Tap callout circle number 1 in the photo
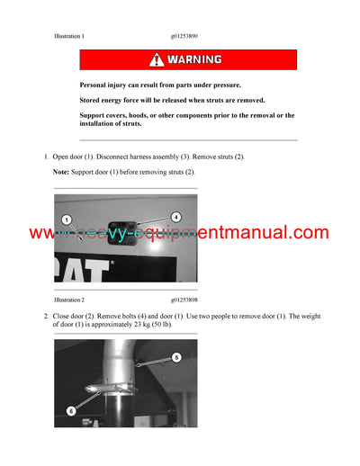point(66,220)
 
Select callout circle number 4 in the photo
point(175,217)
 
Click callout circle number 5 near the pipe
point(176,357)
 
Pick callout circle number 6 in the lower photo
point(71,410)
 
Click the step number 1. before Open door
point(47,157)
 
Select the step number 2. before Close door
point(47,317)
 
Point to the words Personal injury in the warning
point(106,84)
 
